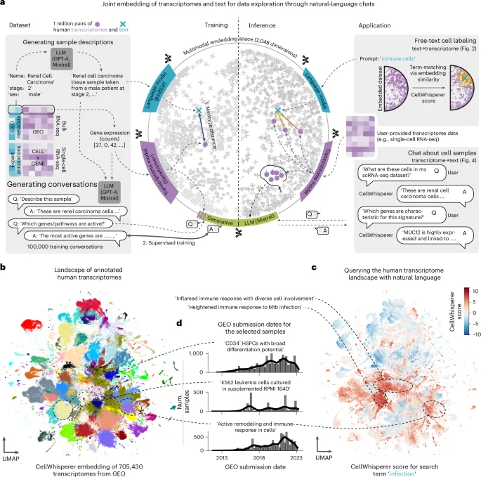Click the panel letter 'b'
point(5,268)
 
